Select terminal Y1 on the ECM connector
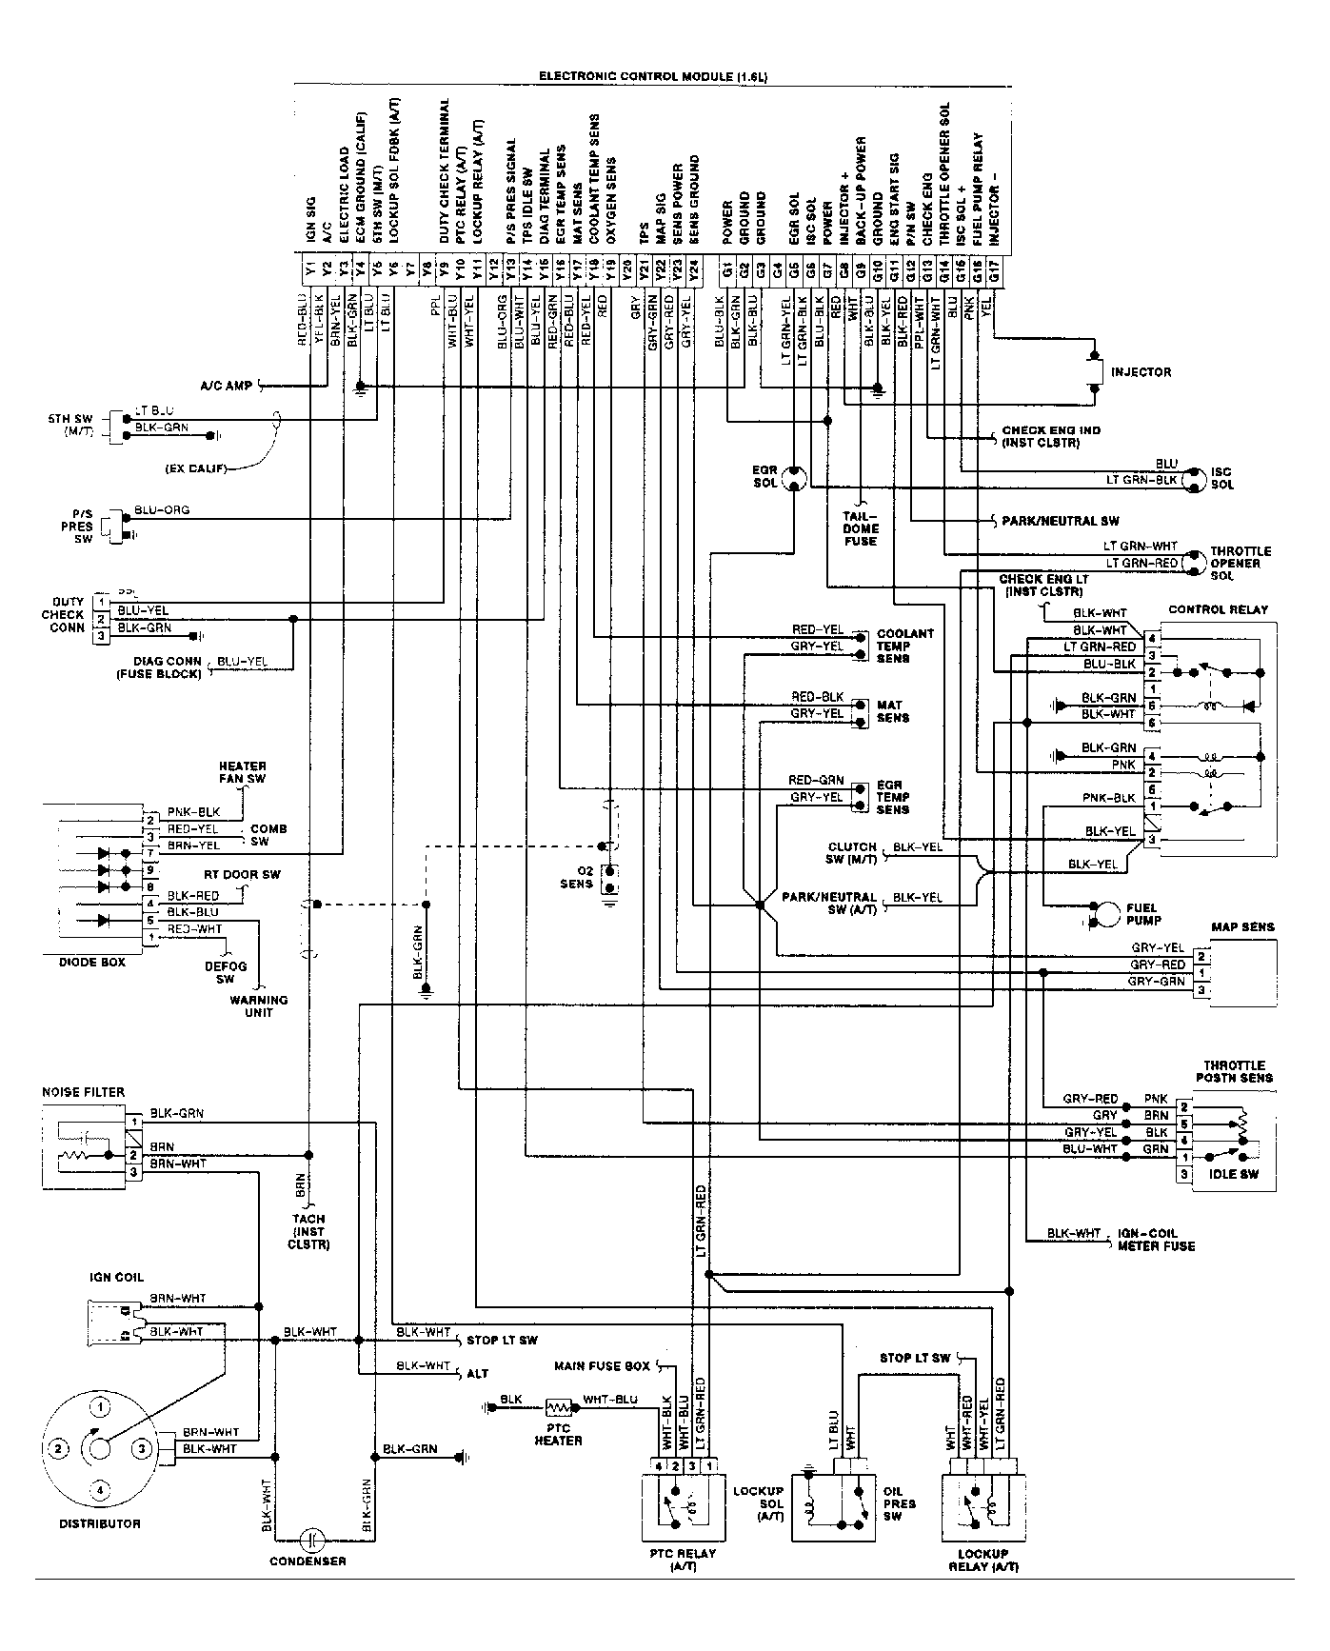coord(310,269)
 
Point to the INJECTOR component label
coord(1141,372)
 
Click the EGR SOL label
coord(764,477)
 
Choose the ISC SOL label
coord(1222,478)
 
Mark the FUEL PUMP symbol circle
coord(1107,913)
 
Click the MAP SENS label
coord(1241,926)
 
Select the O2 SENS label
coord(576,877)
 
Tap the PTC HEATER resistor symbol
coord(557,1405)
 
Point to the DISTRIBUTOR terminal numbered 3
coord(141,1449)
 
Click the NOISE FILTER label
coord(83,1092)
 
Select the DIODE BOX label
coord(86,963)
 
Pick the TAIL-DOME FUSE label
coord(861,528)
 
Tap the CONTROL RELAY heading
coord(1218,609)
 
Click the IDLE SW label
coord(1234,1174)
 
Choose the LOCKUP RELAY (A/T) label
coord(983,1561)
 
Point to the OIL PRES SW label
coord(899,1503)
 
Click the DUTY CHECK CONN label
coord(63,615)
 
